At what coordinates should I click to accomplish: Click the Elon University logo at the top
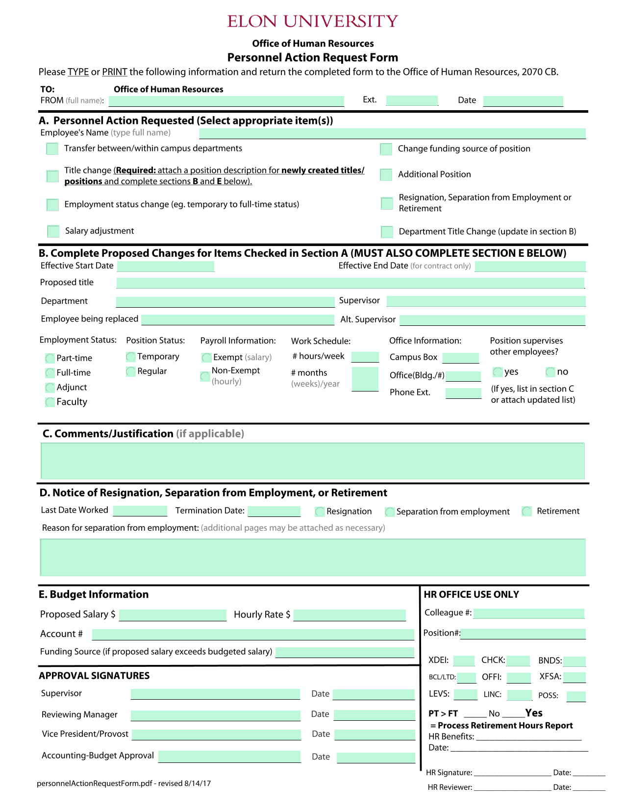[x=312, y=21]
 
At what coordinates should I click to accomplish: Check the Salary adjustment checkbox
[x=53, y=231]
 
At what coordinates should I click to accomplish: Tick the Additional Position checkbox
[x=386, y=174]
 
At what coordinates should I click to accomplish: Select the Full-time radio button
[x=50, y=373]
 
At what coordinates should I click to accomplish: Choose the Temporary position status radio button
[x=131, y=357]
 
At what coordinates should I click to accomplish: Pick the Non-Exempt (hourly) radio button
[x=205, y=376]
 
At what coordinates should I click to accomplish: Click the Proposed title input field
[x=350, y=283]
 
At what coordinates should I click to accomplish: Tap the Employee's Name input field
[x=392, y=133]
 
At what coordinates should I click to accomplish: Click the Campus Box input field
[x=460, y=358]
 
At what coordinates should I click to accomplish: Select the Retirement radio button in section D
[x=527, y=511]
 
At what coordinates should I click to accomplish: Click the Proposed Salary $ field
[x=173, y=615]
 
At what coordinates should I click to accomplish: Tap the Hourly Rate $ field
[x=350, y=615]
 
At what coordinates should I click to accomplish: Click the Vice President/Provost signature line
[x=216, y=735]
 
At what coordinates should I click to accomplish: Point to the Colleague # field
[x=528, y=613]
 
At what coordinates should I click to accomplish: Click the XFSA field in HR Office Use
[x=575, y=677]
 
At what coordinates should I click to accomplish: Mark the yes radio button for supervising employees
[x=498, y=372]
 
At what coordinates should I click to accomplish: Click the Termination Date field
[x=274, y=511]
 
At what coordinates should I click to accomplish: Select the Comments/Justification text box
[x=312, y=461]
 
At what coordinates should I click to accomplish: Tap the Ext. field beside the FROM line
[x=412, y=100]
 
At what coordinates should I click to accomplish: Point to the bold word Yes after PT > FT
[x=534, y=713]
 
